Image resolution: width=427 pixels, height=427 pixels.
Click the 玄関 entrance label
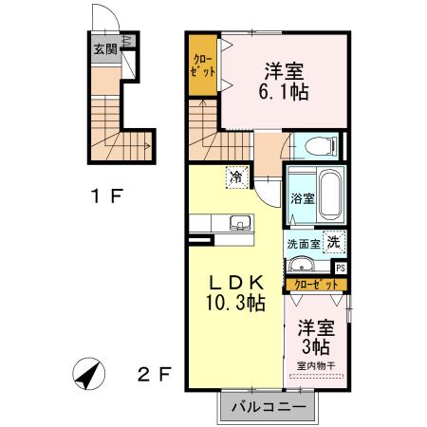[104, 49]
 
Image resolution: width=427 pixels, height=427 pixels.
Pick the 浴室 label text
[304, 200]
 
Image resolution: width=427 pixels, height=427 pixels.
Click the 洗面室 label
[304, 243]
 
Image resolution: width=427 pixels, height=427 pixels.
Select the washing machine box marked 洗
[334, 242]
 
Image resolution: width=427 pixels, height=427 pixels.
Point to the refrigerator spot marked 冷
[234, 176]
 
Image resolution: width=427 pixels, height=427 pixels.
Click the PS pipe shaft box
[341, 269]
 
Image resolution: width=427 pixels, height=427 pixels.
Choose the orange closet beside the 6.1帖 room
[203, 65]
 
